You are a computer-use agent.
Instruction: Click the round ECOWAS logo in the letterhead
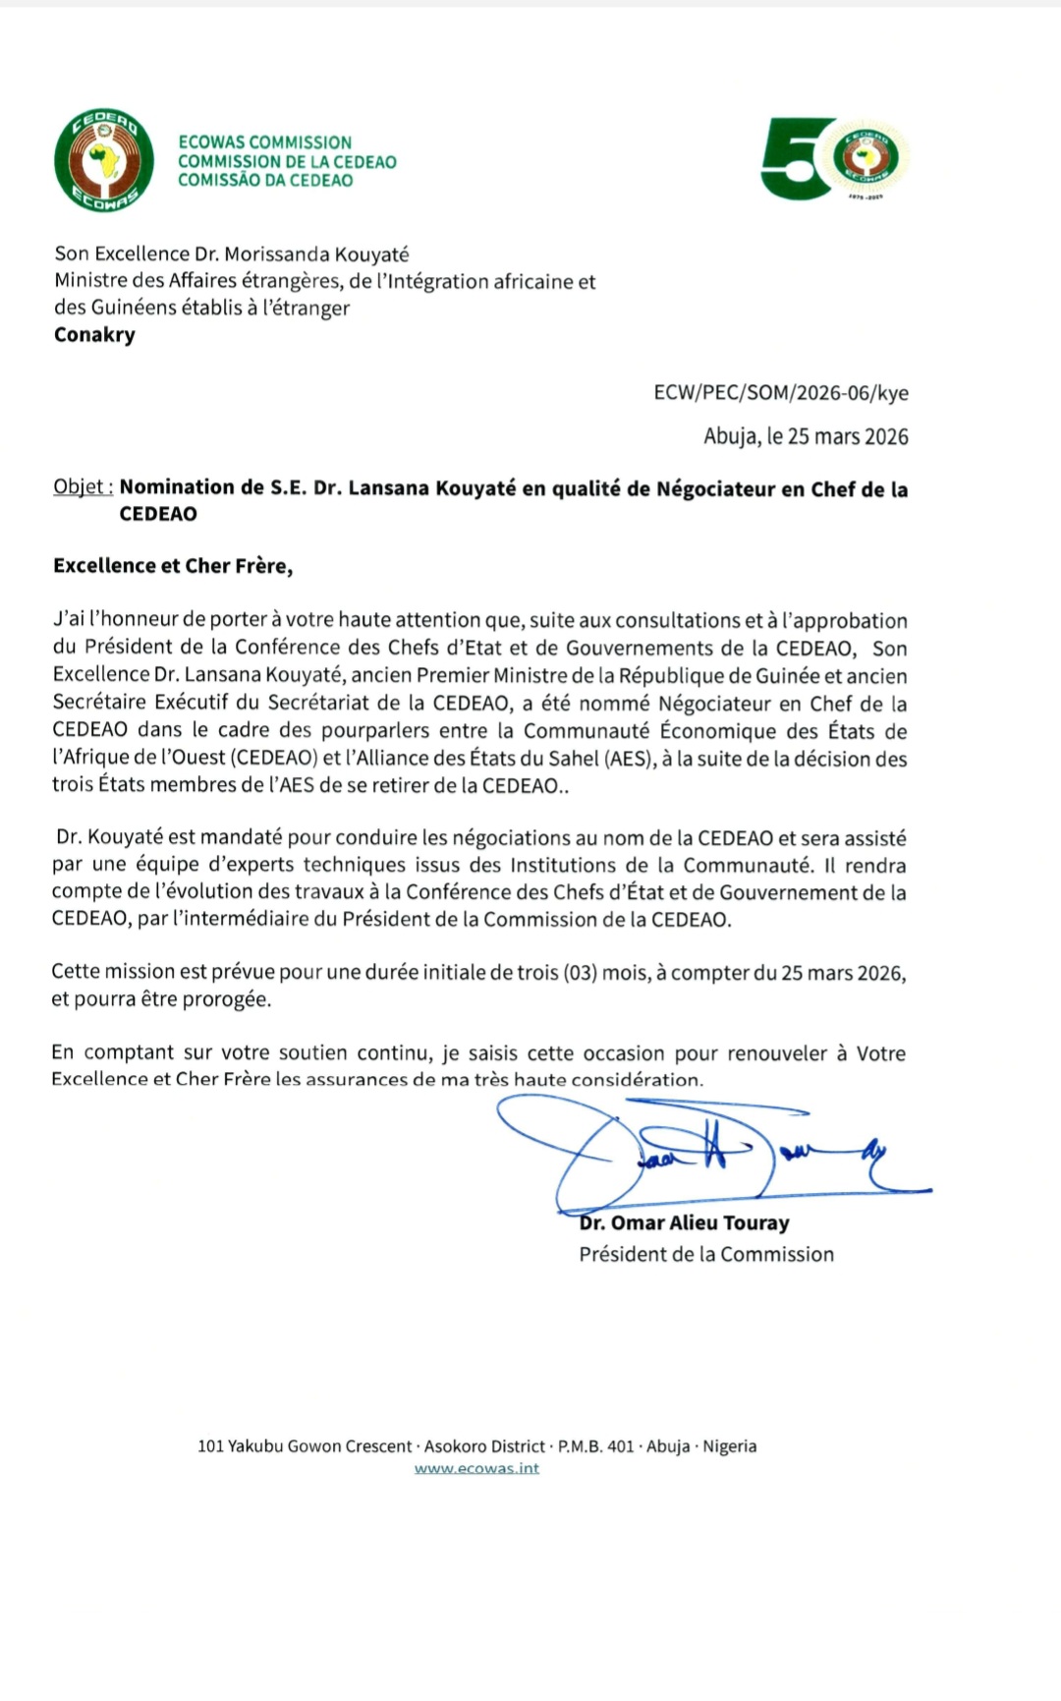click(103, 160)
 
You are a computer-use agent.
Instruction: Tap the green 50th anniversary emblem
click(835, 159)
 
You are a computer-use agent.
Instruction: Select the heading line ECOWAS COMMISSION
click(264, 142)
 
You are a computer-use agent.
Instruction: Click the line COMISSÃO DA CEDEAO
click(265, 180)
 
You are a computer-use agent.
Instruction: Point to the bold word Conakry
click(94, 334)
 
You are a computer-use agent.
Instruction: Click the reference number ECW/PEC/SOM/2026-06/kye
click(781, 393)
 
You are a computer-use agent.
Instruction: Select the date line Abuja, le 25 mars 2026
click(806, 436)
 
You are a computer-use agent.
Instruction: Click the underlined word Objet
click(83, 487)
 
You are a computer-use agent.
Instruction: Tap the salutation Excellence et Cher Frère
click(173, 566)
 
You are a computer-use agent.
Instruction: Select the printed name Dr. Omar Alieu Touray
click(685, 1223)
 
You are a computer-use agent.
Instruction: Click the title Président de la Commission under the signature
click(706, 1255)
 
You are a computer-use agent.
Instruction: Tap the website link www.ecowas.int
click(476, 1469)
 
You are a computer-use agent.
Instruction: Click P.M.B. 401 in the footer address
click(595, 1446)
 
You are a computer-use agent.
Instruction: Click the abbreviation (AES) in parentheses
click(626, 759)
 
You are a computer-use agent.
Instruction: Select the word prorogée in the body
click(228, 999)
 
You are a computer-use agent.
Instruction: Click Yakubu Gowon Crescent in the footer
click(320, 1446)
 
